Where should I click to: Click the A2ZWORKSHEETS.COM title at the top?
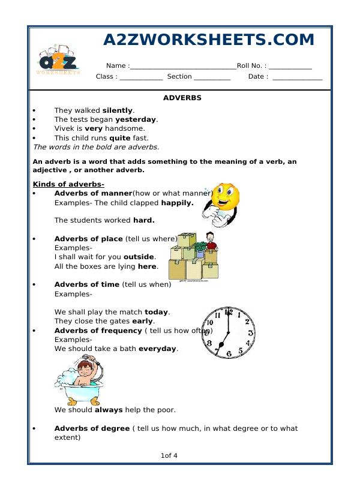click(x=209, y=40)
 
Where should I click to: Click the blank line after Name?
click(x=183, y=67)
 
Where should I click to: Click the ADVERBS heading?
click(x=182, y=97)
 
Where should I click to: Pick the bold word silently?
click(x=117, y=110)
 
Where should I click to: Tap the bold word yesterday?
click(x=136, y=119)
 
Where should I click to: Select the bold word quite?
click(x=119, y=137)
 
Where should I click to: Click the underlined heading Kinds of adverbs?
click(x=68, y=184)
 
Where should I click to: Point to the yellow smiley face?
click(x=223, y=197)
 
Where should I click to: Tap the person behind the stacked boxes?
click(x=210, y=243)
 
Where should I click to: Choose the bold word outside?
click(x=139, y=257)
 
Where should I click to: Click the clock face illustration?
click(x=228, y=332)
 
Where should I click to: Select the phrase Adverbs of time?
click(x=87, y=284)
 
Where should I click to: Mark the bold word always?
click(x=109, y=410)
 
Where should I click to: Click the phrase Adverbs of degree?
click(x=92, y=428)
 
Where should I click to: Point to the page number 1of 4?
click(x=169, y=455)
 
